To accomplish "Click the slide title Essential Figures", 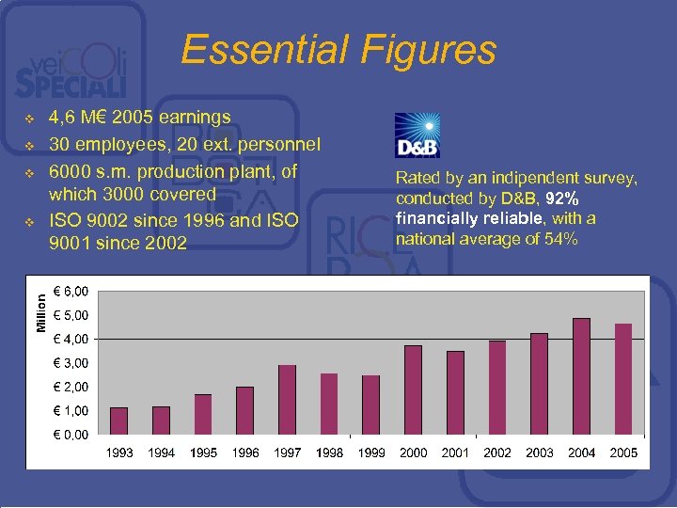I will point(338,50).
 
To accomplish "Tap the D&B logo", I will point(417,135).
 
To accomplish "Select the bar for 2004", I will point(581,376).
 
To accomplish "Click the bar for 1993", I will point(118,421).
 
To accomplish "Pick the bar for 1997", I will point(287,400).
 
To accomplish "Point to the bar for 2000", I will point(413,389).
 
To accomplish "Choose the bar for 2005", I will point(623,379).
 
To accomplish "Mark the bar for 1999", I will point(371,405).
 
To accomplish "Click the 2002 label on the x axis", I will point(497,452).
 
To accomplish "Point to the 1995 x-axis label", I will point(203,452).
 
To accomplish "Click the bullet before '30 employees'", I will point(29,146).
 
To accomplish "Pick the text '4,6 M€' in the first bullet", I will point(79,118).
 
